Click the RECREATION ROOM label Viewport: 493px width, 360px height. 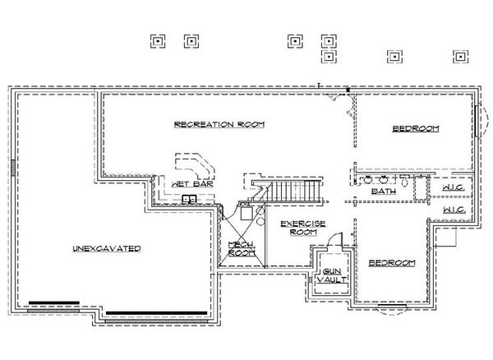(x=219, y=124)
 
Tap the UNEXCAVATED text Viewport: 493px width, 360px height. (x=107, y=248)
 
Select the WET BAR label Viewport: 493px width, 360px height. (x=192, y=184)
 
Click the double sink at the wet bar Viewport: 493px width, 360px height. (x=190, y=199)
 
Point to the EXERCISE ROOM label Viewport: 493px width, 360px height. (x=303, y=228)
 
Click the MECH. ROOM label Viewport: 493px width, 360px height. (x=242, y=248)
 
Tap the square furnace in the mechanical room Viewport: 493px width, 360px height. (x=246, y=213)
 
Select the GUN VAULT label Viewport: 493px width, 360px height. (x=332, y=275)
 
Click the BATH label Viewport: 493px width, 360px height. (x=384, y=192)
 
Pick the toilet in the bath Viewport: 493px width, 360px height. (x=404, y=180)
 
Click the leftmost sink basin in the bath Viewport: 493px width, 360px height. (x=367, y=180)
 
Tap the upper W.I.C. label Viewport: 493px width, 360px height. (x=454, y=187)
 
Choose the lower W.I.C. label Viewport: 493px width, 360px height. (x=454, y=210)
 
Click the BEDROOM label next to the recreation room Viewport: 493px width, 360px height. (x=416, y=128)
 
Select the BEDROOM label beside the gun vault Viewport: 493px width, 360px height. (x=392, y=262)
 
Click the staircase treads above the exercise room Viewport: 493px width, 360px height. (x=288, y=191)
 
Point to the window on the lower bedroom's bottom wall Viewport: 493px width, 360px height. (x=392, y=307)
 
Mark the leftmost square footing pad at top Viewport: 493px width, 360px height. (x=158, y=41)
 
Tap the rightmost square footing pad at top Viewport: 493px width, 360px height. (x=461, y=57)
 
